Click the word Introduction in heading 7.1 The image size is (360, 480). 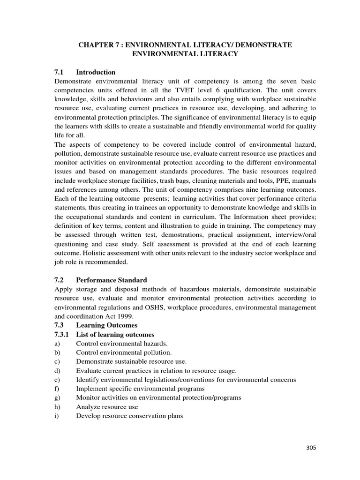tap(96, 72)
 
